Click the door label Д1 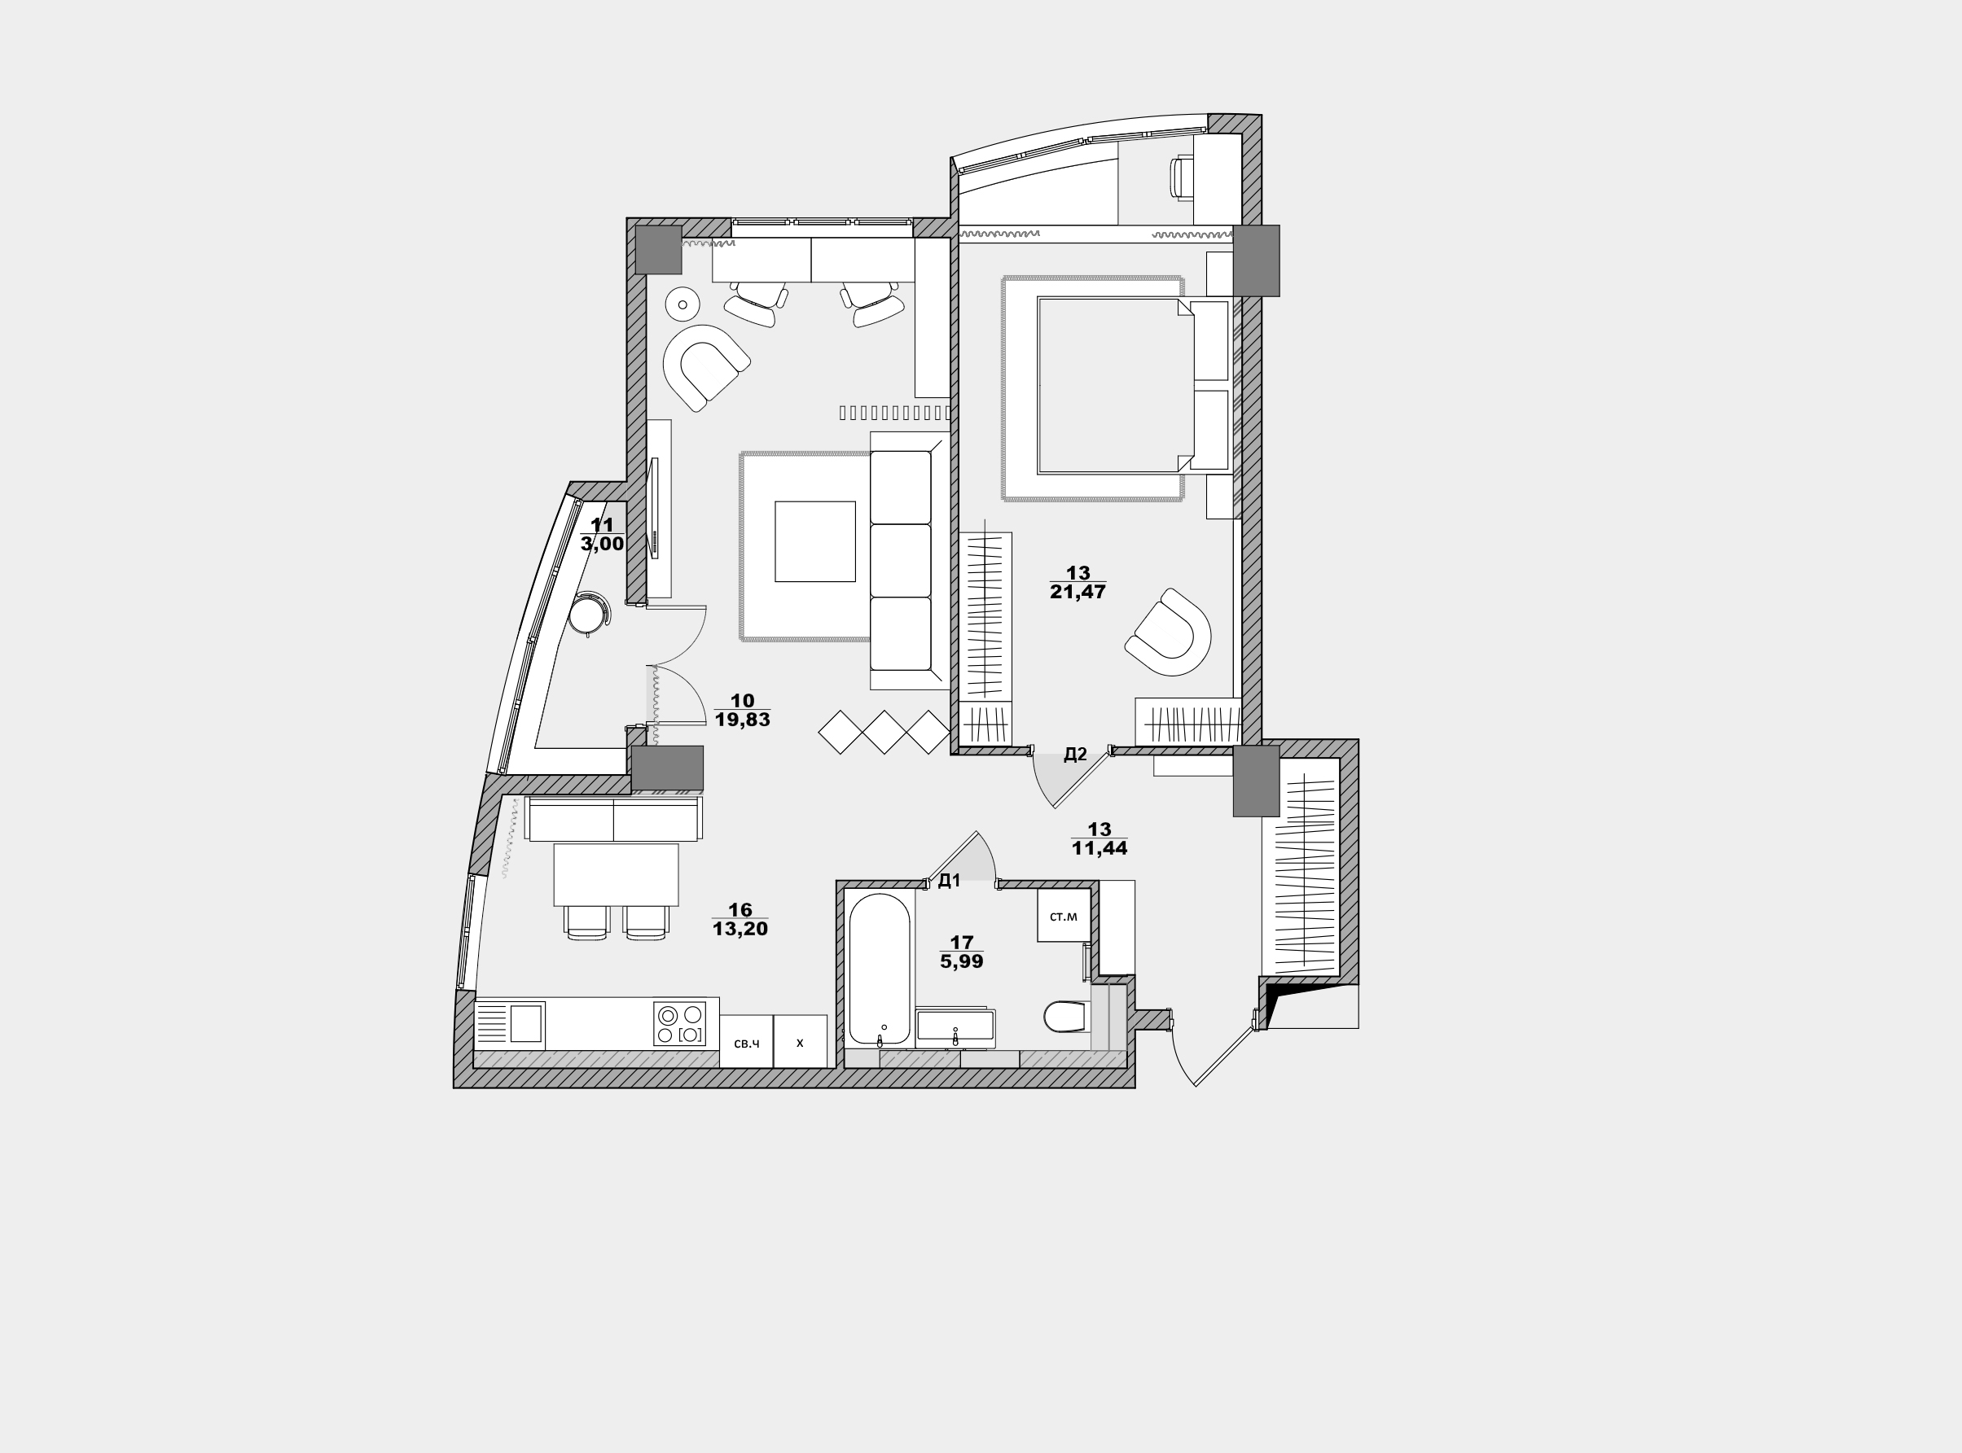click(x=949, y=881)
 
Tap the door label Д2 click(x=1075, y=754)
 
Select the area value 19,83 click(x=743, y=720)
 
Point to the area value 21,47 click(x=1078, y=592)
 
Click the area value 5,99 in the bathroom click(x=962, y=961)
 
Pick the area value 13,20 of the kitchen click(x=740, y=929)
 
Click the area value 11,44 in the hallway click(x=1100, y=848)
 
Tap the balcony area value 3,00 click(x=603, y=544)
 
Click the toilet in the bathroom click(x=1067, y=1017)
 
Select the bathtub click(x=880, y=969)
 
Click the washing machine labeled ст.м click(x=1064, y=916)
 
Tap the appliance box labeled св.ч click(x=746, y=1041)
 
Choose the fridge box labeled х click(x=800, y=1041)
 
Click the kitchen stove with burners click(x=679, y=1024)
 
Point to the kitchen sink click(x=511, y=1025)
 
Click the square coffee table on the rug click(x=814, y=542)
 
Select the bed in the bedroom click(x=1117, y=385)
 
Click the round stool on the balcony click(x=588, y=613)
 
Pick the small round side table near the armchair click(x=682, y=304)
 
